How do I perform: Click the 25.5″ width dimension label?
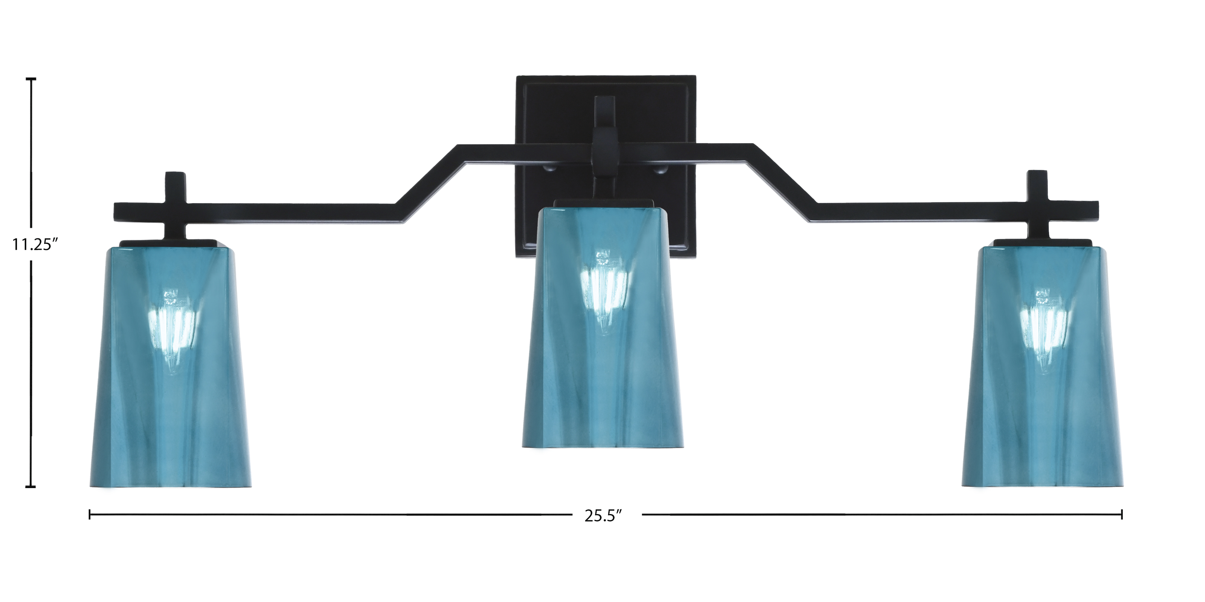[603, 516]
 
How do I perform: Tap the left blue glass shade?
[171, 367]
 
